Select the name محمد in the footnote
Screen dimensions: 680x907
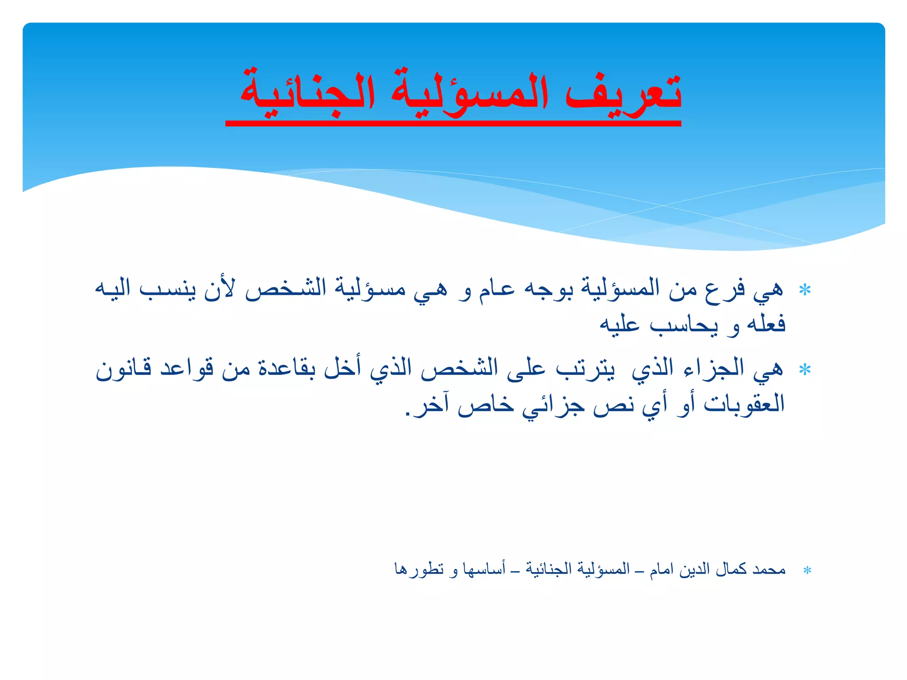769,569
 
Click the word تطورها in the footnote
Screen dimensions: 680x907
419,569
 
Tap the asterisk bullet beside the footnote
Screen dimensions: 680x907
807,571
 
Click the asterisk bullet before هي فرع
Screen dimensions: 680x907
805,290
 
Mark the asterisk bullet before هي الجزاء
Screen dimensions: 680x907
805,370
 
